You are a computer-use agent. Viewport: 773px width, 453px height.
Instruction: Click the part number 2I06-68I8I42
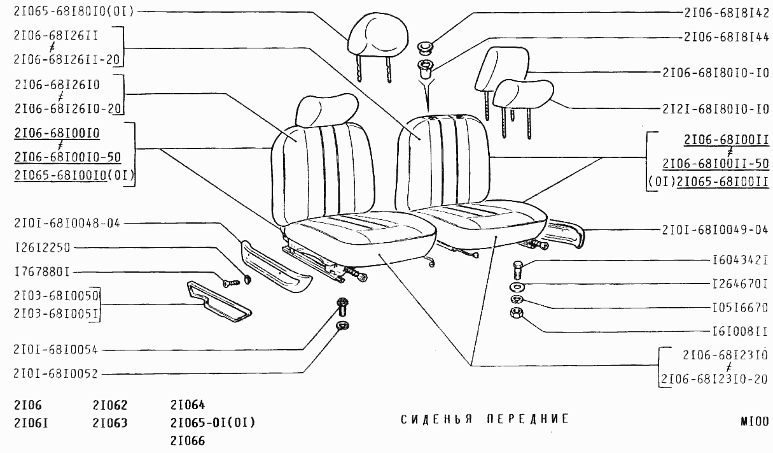(x=727, y=13)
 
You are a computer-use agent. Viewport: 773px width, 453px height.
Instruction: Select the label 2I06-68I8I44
(x=727, y=36)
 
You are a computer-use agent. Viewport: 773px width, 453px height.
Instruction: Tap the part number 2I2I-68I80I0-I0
(x=715, y=109)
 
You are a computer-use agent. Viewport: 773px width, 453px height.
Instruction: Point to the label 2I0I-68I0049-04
(x=715, y=230)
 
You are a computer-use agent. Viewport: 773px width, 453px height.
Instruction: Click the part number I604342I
(x=741, y=260)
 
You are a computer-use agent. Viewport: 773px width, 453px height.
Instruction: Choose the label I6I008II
(x=741, y=332)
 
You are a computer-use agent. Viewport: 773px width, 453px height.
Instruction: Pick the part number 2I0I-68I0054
(x=56, y=350)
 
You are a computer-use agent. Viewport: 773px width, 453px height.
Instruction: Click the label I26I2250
(x=42, y=247)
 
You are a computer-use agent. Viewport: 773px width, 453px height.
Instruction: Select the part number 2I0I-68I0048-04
(x=67, y=223)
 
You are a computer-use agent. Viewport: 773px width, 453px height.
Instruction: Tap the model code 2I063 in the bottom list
(x=109, y=423)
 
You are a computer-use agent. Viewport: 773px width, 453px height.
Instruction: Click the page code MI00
(x=755, y=422)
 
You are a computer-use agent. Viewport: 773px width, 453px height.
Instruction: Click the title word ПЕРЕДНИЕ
(x=527, y=419)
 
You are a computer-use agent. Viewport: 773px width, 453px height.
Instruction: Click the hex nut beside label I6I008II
(x=516, y=313)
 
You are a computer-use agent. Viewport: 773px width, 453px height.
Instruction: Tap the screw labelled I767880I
(x=231, y=284)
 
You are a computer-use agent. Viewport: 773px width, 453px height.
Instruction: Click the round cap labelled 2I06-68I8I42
(x=426, y=47)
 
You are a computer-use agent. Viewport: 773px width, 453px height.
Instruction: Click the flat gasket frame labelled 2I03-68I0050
(x=219, y=301)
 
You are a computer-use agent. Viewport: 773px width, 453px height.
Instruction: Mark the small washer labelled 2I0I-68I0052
(x=342, y=326)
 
